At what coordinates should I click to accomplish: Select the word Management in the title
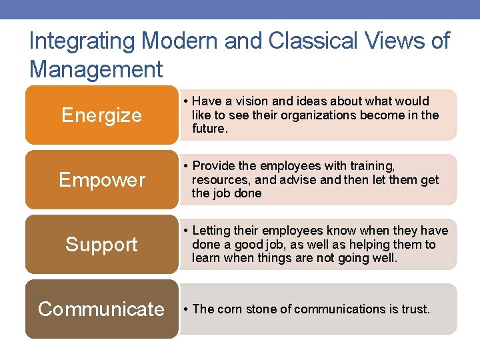click(x=96, y=69)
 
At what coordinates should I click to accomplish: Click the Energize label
click(x=101, y=115)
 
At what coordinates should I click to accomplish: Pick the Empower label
click(x=101, y=180)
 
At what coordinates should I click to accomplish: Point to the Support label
click(x=101, y=245)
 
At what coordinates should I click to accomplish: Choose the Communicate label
click(x=101, y=309)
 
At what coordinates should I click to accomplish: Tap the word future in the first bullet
click(x=209, y=128)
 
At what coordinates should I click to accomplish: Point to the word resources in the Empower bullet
click(x=217, y=179)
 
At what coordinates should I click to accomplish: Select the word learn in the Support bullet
click(x=205, y=257)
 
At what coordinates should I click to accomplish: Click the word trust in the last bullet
click(x=415, y=309)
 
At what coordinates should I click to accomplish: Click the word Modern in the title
click(x=178, y=41)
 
